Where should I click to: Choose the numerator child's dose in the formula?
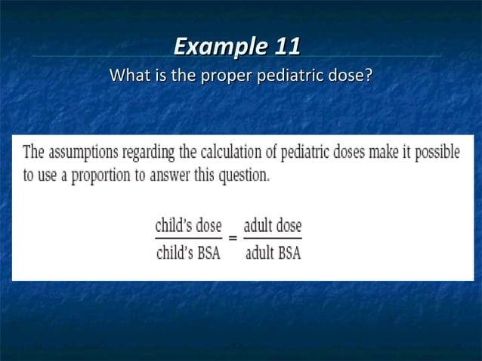coord(188,224)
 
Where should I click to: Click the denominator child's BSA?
coord(187,253)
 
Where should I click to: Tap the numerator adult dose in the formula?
coord(273,224)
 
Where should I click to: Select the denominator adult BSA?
coord(273,253)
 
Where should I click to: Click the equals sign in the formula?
coord(233,239)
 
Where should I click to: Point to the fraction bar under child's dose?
coord(188,239)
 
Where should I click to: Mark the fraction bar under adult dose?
coord(273,239)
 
